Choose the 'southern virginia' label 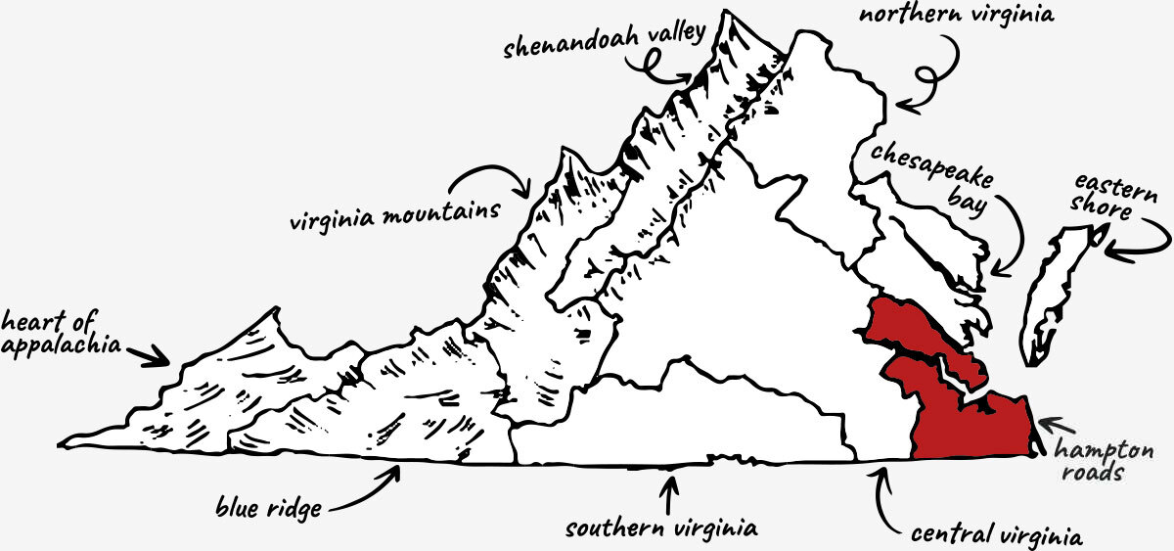(661, 528)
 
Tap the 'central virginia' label (996, 536)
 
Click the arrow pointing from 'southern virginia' (668, 490)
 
